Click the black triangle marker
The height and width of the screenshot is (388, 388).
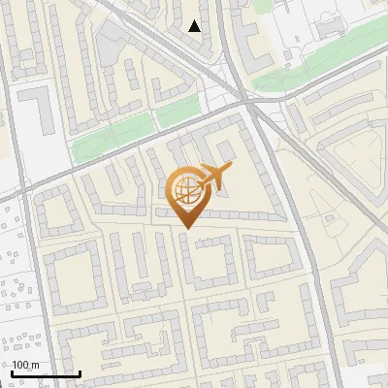(195, 26)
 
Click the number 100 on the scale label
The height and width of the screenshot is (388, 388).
(22, 365)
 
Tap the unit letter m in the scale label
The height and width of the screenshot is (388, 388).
(36, 365)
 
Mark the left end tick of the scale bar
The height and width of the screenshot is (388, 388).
(12, 373)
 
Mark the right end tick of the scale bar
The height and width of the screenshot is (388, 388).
(80, 373)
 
